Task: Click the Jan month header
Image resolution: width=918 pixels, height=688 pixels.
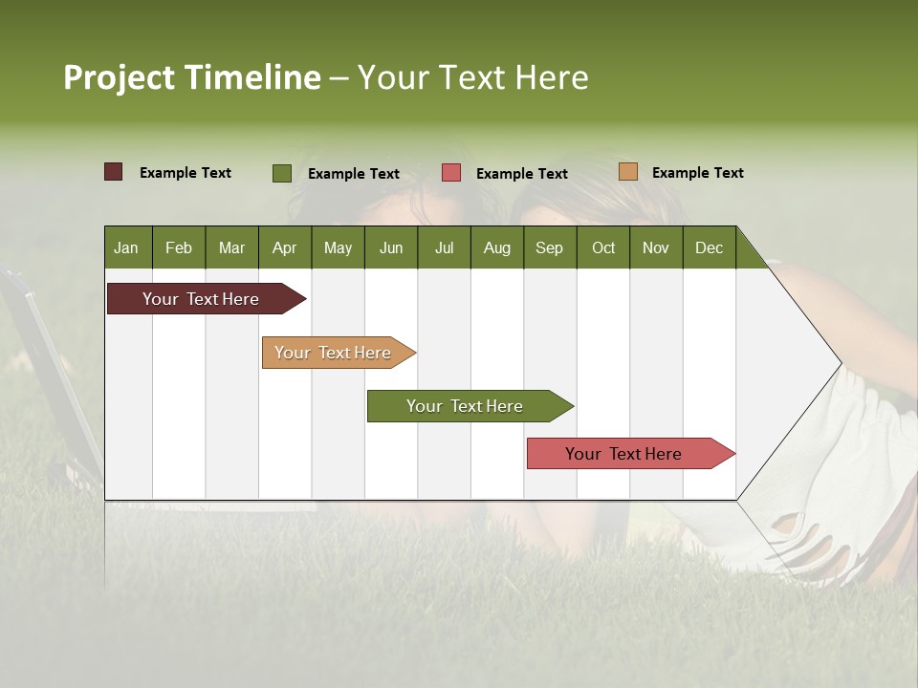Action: click(x=126, y=247)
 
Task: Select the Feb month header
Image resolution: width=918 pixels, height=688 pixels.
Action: click(x=179, y=247)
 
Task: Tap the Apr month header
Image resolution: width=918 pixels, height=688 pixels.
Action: click(x=284, y=247)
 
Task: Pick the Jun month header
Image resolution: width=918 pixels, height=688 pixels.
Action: click(x=391, y=247)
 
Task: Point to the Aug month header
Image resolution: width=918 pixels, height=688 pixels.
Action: click(x=496, y=247)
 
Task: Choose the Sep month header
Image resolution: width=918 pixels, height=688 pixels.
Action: click(x=549, y=247)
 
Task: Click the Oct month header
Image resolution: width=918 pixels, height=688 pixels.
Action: click(x=603, y=247)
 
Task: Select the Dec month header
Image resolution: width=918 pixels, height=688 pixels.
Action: click(x=709, y=247)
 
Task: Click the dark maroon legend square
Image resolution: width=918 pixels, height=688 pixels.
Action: click(x=113, y=172)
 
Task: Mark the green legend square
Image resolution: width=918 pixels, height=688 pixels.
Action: click(x=282, y=173)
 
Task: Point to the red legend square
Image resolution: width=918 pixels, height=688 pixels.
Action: click(x=451, y=173)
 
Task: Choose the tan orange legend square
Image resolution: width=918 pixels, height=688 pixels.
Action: click(x=627, y=172)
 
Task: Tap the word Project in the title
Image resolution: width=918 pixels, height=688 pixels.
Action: click(x=119, y=77)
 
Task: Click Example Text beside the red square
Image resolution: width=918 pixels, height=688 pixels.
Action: click(x=521, y=174)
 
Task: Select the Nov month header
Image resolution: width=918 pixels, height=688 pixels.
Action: click(x=655, y=247)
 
